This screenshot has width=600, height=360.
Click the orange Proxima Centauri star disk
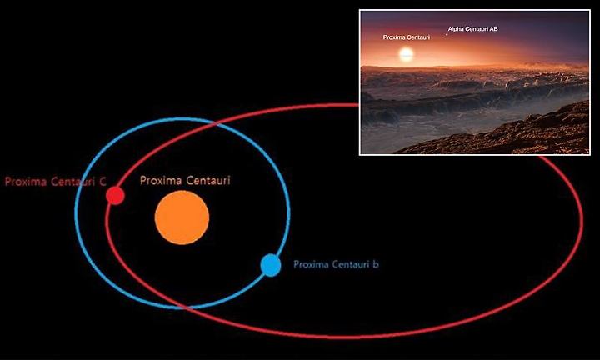(x=182, y=217)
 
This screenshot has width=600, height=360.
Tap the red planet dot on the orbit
(x=115, y=196)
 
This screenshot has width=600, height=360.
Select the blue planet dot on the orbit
(x=271, y=265)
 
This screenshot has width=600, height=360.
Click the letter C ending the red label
(x=102, y=182)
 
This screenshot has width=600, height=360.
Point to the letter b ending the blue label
(x=376, y=264)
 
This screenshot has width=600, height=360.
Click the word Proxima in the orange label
(x=159, y=180)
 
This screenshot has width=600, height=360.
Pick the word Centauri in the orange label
(x=207, y=180)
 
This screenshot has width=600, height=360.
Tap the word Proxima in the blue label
(x=311, y=264)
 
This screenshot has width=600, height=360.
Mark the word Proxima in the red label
(x=26, y=182)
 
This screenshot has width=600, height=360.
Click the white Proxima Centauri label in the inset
(x=407, y=37)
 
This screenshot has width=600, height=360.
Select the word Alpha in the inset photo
(x=455, y=28)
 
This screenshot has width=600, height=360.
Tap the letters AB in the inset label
(x=493, y=28)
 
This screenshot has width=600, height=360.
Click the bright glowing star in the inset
(x=407, y=55)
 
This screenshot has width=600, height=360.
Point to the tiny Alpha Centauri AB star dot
(x=446, y=35)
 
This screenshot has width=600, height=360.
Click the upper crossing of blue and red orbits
(x=216, y=123)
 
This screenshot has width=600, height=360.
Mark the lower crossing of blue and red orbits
(x=185, y=307)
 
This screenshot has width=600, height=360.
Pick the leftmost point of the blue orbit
(x=76, y=212)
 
